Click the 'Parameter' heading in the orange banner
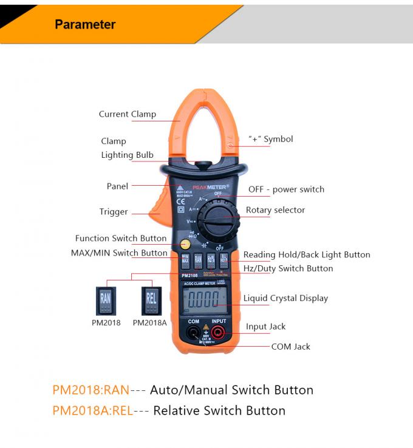85,25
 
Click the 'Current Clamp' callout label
128,114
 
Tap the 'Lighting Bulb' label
127,155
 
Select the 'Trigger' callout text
114,212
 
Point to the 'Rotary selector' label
275,210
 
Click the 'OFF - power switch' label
286,189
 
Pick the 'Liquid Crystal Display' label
285,298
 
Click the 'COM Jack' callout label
290,347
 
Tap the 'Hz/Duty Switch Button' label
288,268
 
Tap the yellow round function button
185,244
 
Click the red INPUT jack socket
219,332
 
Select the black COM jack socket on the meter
193,332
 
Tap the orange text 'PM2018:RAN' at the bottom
90,390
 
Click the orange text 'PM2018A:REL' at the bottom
92,411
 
